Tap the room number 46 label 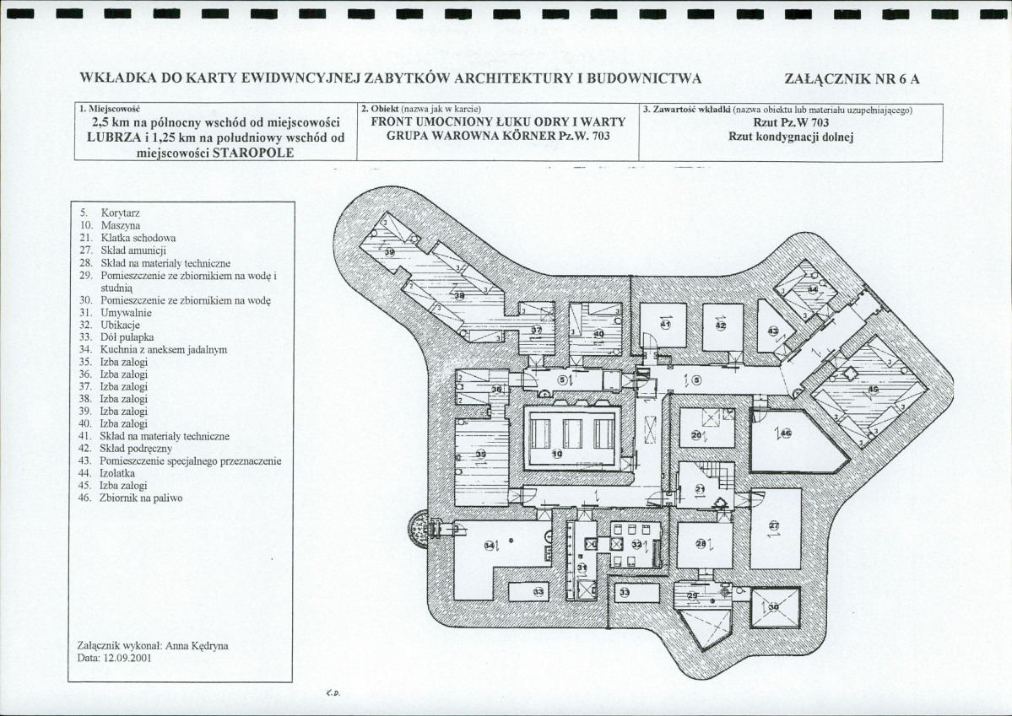785,433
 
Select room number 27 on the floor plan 774,527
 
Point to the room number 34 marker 490,546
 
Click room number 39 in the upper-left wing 389,251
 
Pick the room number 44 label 813,289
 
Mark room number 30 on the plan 773,607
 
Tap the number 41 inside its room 665,325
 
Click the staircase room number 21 700,489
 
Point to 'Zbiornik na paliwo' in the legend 140,498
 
